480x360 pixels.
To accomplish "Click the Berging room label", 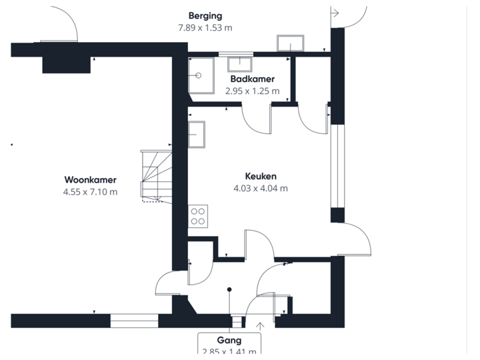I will click(x=205, y=15).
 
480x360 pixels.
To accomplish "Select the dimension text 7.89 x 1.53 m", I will click(x=205, y=27).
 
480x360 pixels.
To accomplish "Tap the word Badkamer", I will click(x=252, y=79).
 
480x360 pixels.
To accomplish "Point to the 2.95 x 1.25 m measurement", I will click(x=252, y=91).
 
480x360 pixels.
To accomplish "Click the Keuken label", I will click(x=260, y=177).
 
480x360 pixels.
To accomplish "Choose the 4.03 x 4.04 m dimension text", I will click(x=260, y=189).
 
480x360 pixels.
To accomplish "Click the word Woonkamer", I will click(x=91, y=179).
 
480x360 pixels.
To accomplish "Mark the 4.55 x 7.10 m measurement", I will click(x=91, y=192).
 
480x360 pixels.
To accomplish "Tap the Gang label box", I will click(x=229, y=344).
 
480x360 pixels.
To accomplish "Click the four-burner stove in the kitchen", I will click(x=198, y=216).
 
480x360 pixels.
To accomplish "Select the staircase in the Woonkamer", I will click(x=155, y=175).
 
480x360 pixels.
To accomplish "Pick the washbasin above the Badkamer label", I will click(x=239, y=64).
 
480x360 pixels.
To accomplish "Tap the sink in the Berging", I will click(x=291, y=43).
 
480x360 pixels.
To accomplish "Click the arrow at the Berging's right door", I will click(x=335, y=12).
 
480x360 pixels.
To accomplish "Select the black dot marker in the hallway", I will click(x=229, y=289).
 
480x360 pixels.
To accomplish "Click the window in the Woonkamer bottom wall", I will click(x=134, y=321).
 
